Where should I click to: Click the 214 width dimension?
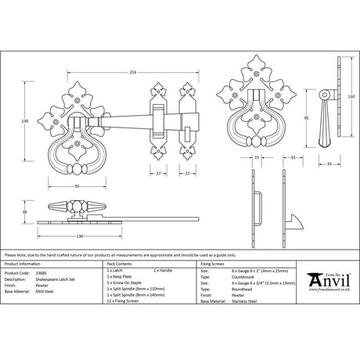[x=135, y=72]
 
